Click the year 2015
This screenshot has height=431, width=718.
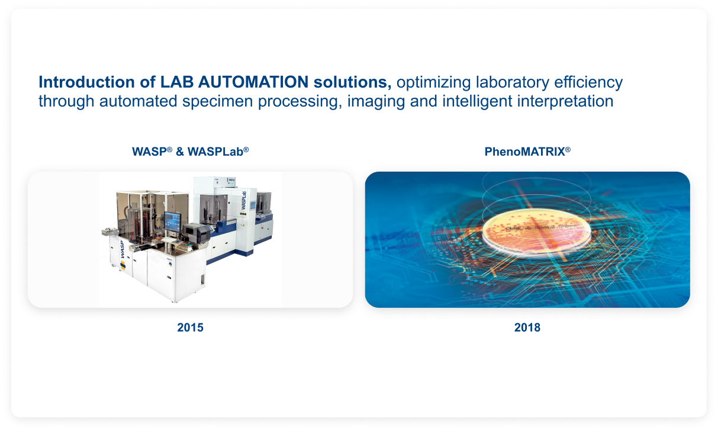pyautogui.click(x=190, y=327)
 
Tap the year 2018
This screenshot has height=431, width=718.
pyautogui.click(x=527, y=327)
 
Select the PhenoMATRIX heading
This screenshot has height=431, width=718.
pyautogui.click(x=524, y=152)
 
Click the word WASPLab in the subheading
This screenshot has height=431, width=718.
pyautogui.click(x=215, y=152)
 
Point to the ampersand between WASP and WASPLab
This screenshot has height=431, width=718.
pyautogui.click(x=180, y=152)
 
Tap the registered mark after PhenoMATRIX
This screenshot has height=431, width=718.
pyautogui.click(x=568, y=149)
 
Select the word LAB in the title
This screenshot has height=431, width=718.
pyautogui.click(x=175, y=82)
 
